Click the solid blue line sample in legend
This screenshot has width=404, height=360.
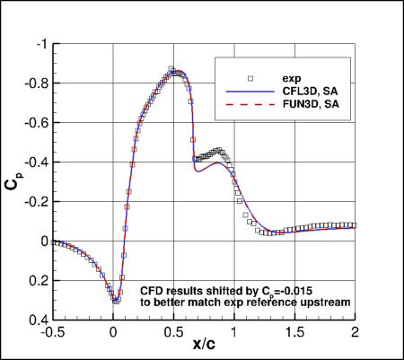(243, 90)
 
